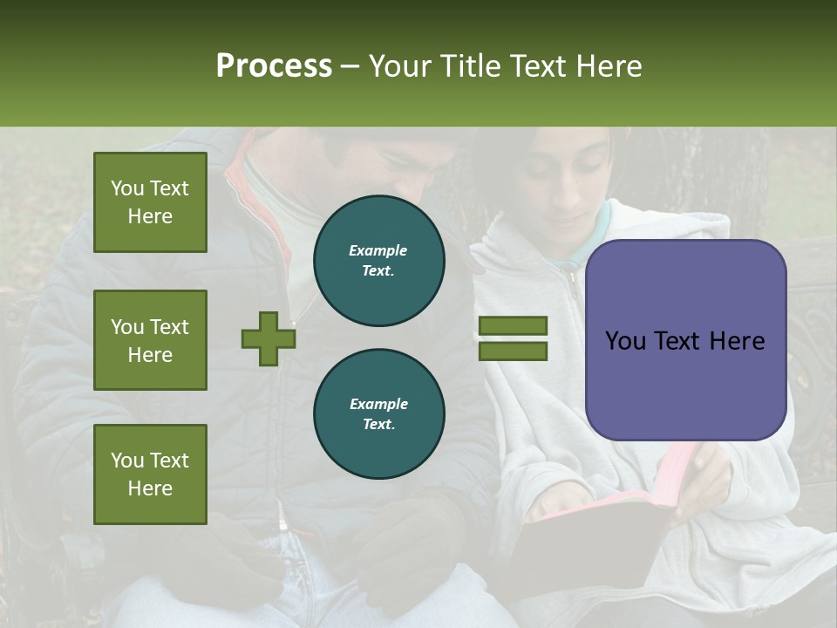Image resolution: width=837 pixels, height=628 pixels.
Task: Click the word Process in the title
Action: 274,66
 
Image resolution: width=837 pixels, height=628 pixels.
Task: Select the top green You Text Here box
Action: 150,202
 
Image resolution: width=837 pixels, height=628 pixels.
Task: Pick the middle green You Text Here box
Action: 150,340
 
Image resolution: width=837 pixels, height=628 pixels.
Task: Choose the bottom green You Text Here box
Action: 150,474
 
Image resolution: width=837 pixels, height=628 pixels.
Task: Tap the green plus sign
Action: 269,338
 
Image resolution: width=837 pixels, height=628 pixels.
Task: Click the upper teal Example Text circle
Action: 378,261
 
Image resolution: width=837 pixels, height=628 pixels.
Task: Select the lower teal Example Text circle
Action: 378,414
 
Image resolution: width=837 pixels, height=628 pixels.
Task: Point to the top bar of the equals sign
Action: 514,326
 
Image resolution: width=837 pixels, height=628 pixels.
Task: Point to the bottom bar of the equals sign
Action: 514,352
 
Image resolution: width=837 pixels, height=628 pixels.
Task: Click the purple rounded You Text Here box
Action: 685,340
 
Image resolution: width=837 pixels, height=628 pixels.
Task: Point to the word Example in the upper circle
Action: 378,251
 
